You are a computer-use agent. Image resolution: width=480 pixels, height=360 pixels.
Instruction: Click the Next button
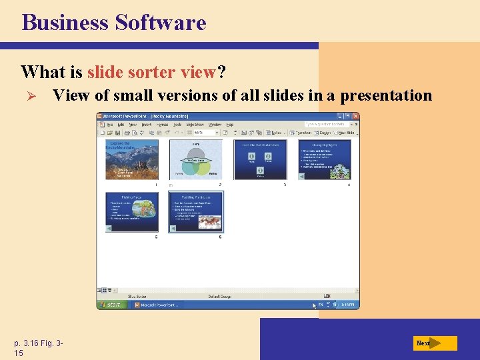coord(434,343)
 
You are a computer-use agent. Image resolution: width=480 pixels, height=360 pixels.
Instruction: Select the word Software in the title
coord(160,23)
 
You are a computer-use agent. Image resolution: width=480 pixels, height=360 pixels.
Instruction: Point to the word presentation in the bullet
coord(386,95)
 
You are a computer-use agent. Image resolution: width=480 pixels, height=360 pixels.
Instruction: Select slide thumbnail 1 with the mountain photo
coord(132,159)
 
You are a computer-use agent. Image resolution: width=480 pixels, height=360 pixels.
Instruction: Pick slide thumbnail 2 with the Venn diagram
coord(195,159)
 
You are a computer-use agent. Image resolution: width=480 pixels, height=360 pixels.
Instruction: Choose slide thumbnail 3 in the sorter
coord(259,159)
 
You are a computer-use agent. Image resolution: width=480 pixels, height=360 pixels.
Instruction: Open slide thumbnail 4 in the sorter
coord(324,159)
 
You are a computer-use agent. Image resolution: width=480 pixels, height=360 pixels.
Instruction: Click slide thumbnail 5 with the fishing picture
coord(132,212)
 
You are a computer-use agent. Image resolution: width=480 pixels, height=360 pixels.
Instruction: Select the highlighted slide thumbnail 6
coord(196,212)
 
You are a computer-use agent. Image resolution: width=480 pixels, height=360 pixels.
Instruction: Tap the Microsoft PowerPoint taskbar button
coord(157,305)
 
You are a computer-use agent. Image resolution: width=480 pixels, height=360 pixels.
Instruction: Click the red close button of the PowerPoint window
coord(355,116)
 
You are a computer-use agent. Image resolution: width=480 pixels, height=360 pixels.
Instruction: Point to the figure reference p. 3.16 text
coord(39,343)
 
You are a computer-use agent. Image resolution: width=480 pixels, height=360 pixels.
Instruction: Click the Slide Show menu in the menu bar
coord(195,124)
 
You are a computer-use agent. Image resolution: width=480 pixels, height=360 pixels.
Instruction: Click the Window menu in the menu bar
coord(215,124)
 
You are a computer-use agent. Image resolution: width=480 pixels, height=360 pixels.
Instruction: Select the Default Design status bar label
coord(220,296)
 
